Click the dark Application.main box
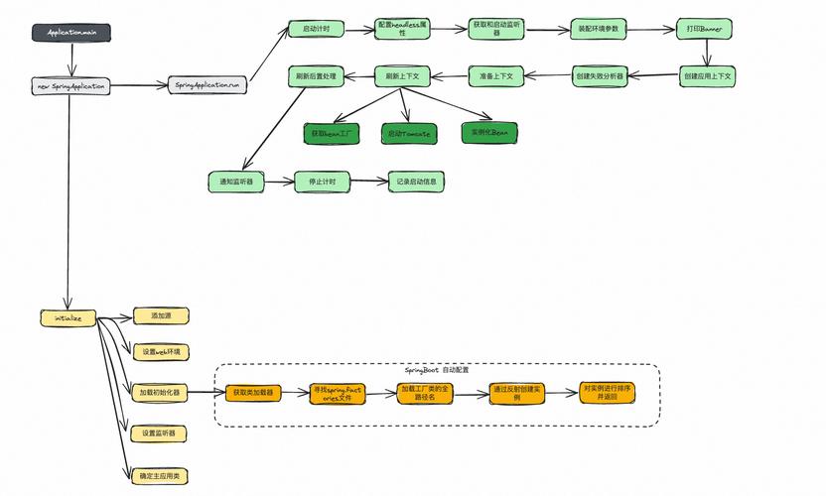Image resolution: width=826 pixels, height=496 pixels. (x=71, y=33)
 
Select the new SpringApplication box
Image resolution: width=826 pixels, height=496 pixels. (x=70, y=86)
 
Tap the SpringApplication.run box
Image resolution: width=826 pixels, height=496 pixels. (x=206, y=86)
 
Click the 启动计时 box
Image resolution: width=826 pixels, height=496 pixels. (x=316, y=30)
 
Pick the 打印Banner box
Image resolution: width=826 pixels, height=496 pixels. (x=704, y=30)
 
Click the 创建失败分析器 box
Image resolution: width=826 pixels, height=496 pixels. (x=601, y=74)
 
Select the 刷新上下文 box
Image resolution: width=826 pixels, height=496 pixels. (x=402, y=74)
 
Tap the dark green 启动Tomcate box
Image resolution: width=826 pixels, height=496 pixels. (x=409, y=133)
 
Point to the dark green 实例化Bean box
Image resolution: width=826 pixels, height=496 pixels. (x=490, y=131)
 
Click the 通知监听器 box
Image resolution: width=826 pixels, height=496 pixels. (x=236, y=182)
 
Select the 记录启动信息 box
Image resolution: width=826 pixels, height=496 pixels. (x=416, y=182)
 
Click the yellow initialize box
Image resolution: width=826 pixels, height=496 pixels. (x=68, y=318)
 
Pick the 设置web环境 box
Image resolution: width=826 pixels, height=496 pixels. (x=160, y=352)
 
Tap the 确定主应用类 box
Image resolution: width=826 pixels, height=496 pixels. (x=159, y=476)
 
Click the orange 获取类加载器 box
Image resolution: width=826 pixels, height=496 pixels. (x=253, y=394)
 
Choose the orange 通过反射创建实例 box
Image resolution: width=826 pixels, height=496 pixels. (x=517, y=394)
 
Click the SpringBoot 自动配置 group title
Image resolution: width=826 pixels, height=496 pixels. (x=438, y=369)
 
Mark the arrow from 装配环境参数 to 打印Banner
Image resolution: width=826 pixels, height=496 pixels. (x=651, y=30)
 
